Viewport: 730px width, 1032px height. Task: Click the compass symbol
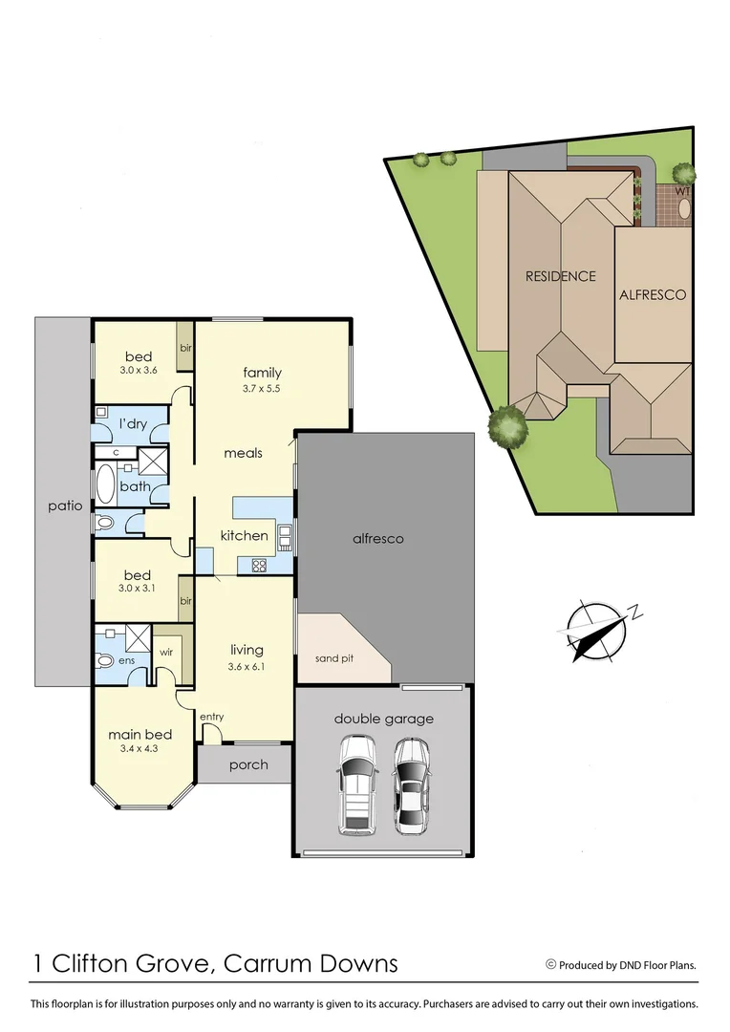pos(597,631)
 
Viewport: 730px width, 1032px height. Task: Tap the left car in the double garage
pos(357,784)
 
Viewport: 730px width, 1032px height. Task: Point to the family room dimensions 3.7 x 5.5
pos(261,389)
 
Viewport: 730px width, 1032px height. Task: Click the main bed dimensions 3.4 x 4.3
pos(140,749)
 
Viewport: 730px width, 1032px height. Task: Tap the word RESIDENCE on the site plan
pos(560,276)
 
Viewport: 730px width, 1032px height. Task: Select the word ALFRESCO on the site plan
pos(653,294)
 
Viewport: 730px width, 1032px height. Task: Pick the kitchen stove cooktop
pos(259,565)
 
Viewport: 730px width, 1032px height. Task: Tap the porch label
pos(248,764)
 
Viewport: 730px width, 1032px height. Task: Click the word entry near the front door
pos(211,717)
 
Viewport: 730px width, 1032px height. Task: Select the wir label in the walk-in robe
pos(165,652)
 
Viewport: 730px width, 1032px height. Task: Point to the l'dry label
pos(132,423)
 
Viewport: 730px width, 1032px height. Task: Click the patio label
pos(66,505)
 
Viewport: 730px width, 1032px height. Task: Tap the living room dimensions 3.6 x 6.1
pos(246,666)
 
